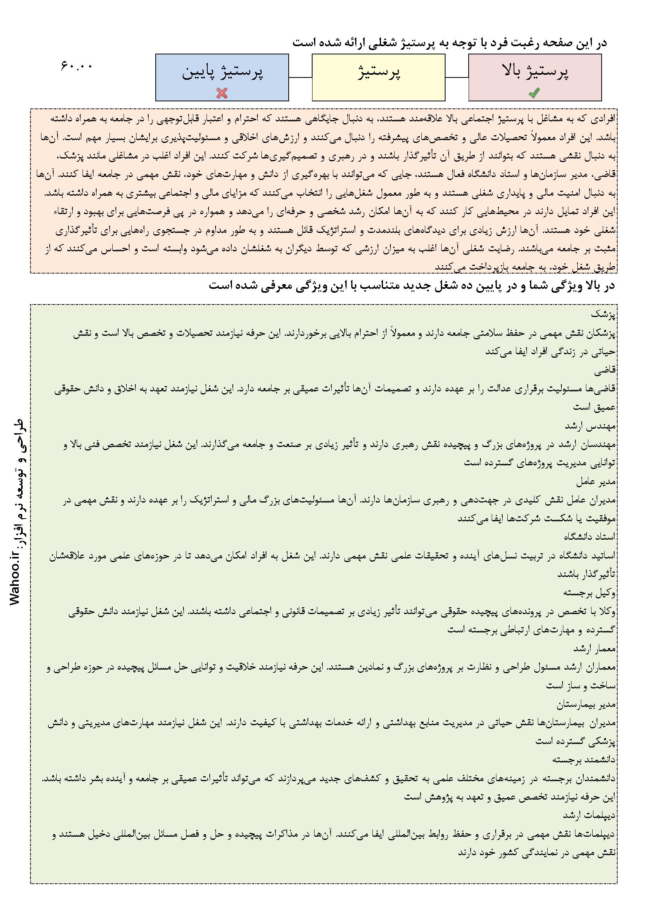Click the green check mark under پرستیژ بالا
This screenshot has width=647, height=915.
coord(534,93)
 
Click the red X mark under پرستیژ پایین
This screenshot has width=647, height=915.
coord(222,93)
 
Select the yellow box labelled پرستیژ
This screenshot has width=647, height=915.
coord(378,77)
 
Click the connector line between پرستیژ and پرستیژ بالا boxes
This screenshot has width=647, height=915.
coord(456,77)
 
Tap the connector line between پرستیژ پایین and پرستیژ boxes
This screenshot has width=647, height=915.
coord(300,77)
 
